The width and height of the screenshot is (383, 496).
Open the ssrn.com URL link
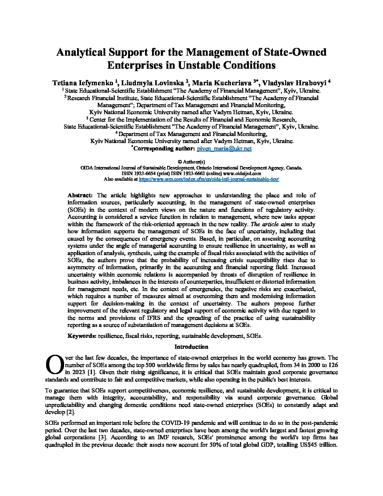click(209, 179)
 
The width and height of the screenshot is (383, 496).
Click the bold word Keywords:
click(82, 336)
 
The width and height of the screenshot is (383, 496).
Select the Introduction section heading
click(191, 347)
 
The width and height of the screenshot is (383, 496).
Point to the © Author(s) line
click(191, 161)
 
